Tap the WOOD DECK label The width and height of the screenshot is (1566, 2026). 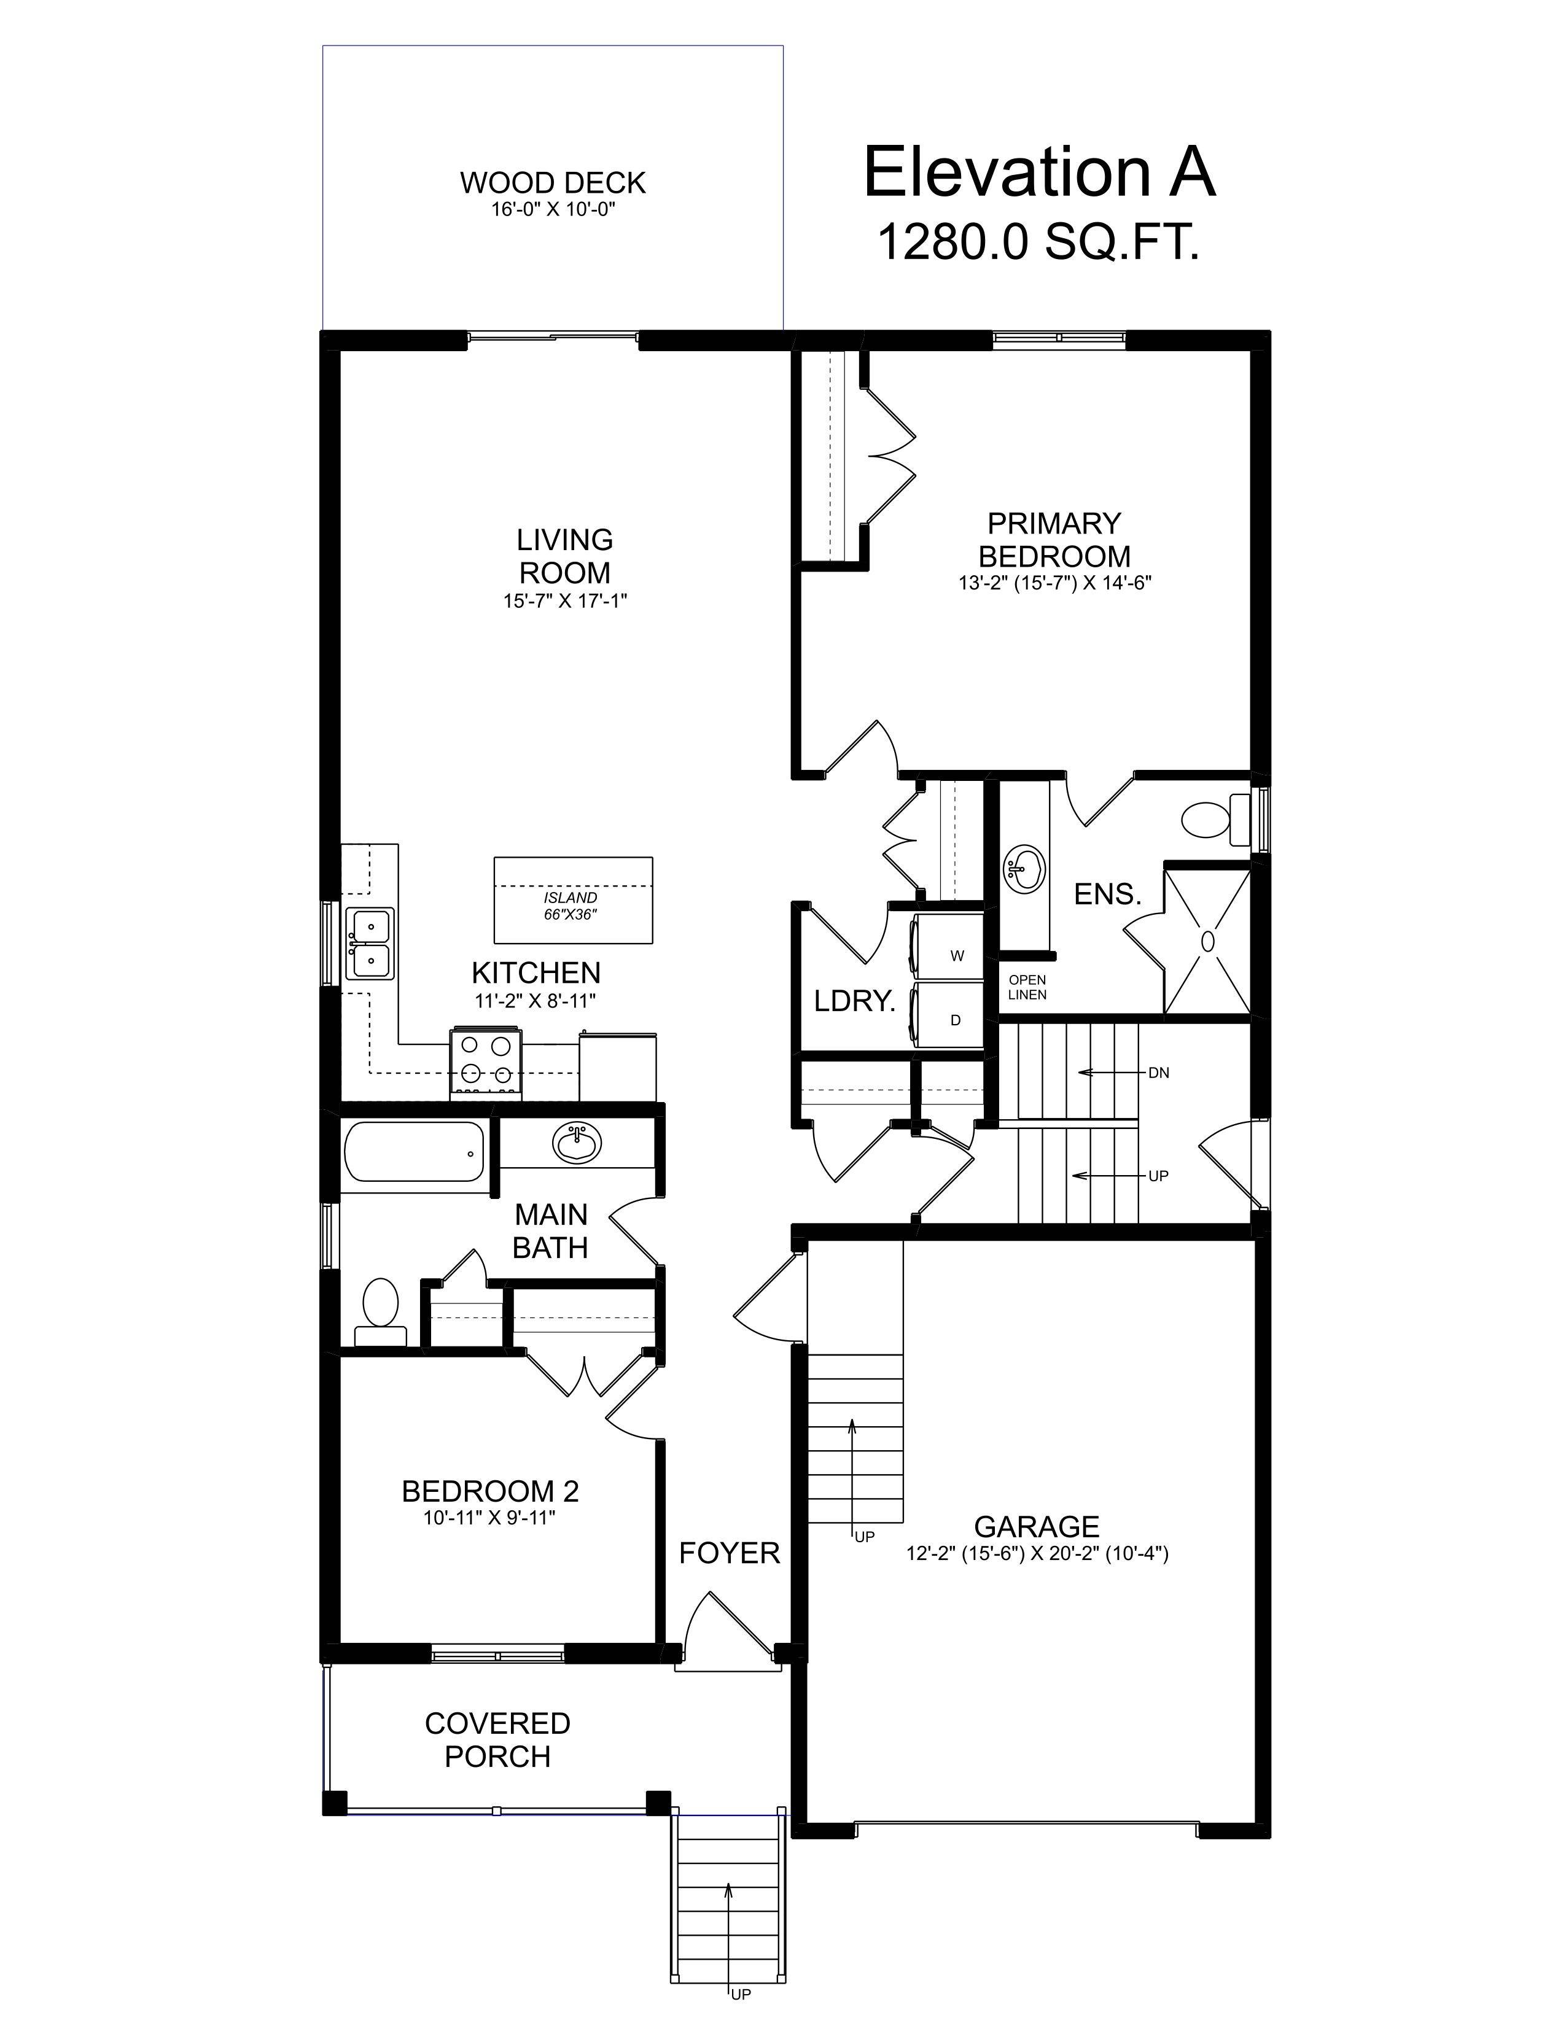click(x=553, y=183)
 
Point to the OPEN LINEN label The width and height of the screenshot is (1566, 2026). click(x=1027, y=987)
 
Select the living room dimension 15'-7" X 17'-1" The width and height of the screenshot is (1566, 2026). click(x=565, y=601)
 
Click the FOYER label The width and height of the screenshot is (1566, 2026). click(x=729, y=1553)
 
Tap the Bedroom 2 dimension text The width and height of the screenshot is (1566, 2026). click(x=490, y=1518)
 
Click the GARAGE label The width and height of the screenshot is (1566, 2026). click(x=1036, y=1527)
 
